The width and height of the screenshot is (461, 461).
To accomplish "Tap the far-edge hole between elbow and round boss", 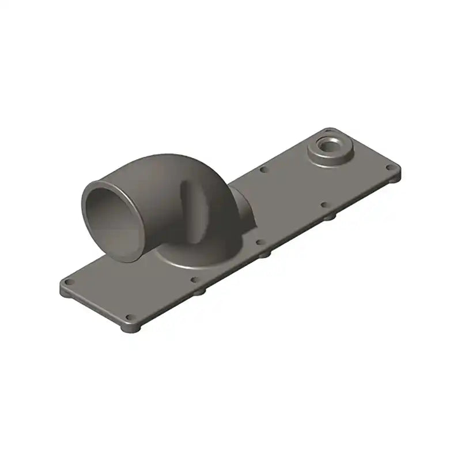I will pos(264,169).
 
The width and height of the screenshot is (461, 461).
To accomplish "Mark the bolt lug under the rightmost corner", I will pos(394,177).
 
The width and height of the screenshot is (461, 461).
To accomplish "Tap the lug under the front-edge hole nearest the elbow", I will pos(199,292).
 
